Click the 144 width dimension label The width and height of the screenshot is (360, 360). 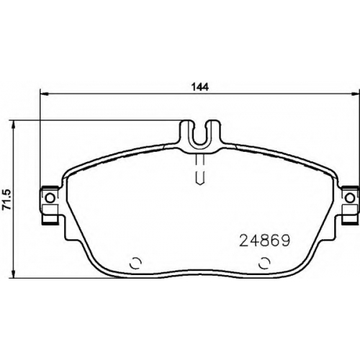coord(200,86)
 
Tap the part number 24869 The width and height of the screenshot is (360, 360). coord(264,241)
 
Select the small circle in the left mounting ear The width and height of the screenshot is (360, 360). coord(50,198)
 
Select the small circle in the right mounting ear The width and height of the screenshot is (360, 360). coord(350,198)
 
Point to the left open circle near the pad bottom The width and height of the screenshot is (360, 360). coord(135,264)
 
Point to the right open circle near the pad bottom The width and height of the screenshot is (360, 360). coord(264,264)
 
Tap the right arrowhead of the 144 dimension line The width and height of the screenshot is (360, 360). coord(355,94)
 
